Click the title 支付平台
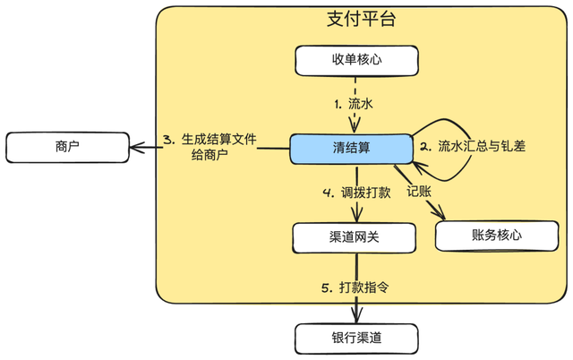[361, 19]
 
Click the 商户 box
[67, 146]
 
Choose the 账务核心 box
[496, 235]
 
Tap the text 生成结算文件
[218, 140]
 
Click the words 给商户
[210, 156]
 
